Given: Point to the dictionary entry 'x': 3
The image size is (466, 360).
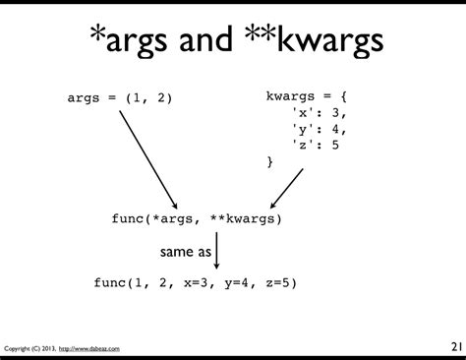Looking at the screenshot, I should (x=319, y=112).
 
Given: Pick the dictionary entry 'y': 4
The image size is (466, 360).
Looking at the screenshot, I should (x=319, y=128).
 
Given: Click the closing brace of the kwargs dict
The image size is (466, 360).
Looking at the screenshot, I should (x=269, y=159).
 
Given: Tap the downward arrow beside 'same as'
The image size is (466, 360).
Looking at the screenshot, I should (x=216, y=252).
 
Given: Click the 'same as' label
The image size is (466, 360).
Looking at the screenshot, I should (x=186, y=252).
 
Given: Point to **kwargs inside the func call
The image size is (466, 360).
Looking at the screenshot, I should (x=243, y=219).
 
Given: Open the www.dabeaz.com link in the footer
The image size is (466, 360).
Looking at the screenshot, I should (x=89, y=349).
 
